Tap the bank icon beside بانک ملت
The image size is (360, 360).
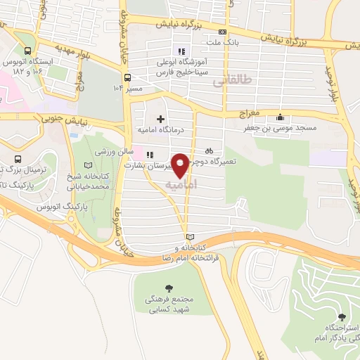coord(223,32)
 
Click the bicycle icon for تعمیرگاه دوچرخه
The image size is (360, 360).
coord(209,150)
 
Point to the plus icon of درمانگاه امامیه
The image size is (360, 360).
coord(161,118)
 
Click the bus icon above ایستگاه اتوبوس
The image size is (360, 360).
coord(27,51)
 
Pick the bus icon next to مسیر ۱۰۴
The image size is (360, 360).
coord(127,77)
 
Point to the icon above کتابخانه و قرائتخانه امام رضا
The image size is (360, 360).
coord(188,237)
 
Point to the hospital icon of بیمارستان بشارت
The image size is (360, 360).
coord(149,154)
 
